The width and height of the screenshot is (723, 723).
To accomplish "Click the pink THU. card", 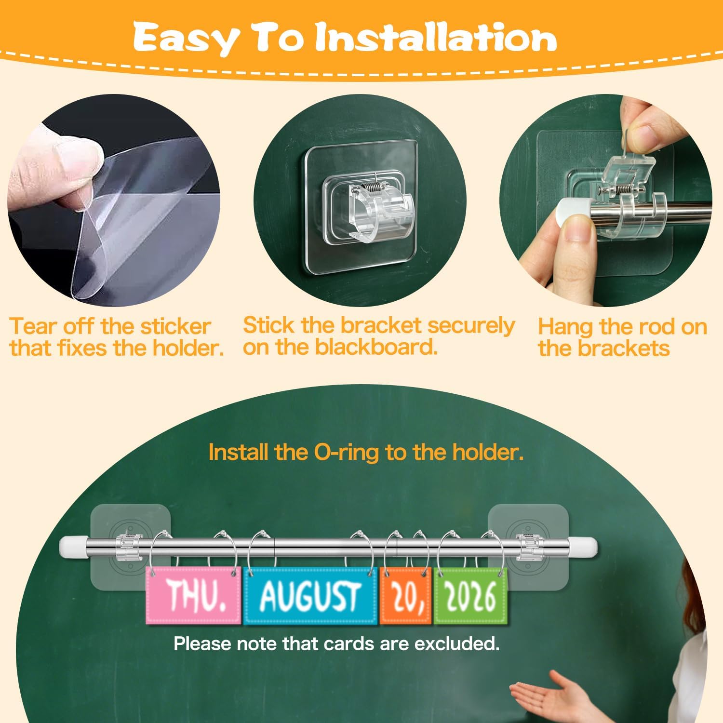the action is click(x=193, y=595).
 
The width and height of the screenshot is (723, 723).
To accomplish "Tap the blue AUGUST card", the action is click(x=310, y=595).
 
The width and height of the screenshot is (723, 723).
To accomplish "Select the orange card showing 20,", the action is click(x=406, y=595).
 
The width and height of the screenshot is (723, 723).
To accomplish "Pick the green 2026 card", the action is click(x=470, y=595).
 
